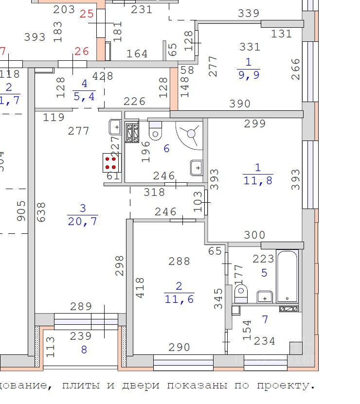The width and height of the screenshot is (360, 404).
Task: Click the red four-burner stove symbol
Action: click(110, 162)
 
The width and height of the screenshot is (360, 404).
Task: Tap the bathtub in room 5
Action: click(287, 276)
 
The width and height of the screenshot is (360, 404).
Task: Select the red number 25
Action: click(86, 14)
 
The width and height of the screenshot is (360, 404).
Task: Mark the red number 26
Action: click(82, 51)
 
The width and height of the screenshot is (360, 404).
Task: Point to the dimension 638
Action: click(41, 212)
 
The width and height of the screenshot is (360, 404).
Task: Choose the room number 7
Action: click(265, 319)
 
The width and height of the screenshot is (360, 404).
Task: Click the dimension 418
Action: click(140, 288)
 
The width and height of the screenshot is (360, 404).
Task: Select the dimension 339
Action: click(249, 14)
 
